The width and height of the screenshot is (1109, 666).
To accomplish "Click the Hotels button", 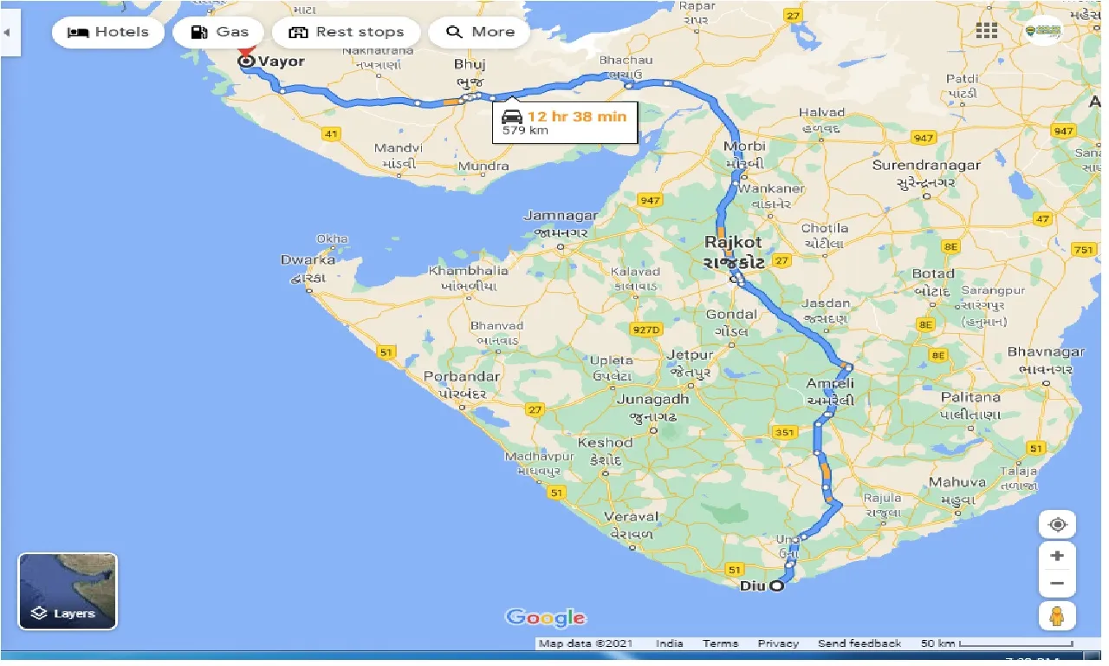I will coord(108,33).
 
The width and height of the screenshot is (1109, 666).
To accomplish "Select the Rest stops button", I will coord(347,33).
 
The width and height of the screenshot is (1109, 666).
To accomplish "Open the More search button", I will coord(480,33).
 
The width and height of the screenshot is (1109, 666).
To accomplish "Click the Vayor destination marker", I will coord(246,61).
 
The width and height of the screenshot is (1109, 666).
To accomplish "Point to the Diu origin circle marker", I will coord(777,586).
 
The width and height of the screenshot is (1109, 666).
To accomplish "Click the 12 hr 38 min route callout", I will coord(566,122).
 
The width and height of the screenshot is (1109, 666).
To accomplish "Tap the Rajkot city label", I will coord(733,243).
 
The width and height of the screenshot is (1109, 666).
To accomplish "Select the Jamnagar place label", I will coord(561,216).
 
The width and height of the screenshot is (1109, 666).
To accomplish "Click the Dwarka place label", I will coord(308,260).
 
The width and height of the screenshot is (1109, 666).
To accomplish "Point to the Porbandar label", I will coord(461,377).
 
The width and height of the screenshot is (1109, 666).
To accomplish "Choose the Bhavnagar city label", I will coord(1046,352).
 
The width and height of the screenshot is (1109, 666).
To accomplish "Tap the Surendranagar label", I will coord(926,166).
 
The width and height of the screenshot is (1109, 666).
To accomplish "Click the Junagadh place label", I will coord(652,400).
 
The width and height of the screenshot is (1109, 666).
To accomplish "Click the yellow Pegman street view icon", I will coord(1057,616).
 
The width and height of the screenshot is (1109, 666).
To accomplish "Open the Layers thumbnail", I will coord(68,591).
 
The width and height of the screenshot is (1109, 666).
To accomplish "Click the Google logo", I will coord(546,617).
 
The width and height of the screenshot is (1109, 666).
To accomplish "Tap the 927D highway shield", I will coord(645,330).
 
